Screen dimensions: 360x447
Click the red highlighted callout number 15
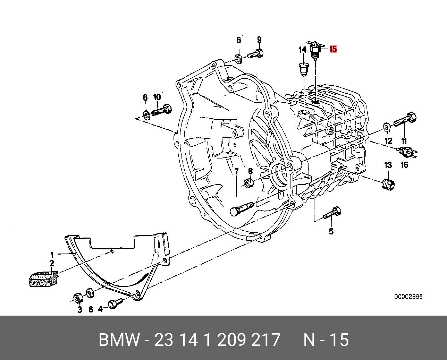click(333, 49)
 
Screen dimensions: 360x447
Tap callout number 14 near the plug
click(303, 50)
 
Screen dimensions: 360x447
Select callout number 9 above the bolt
click(259, 40)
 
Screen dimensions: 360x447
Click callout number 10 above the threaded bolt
click(157, 97)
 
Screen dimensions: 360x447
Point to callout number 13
click(388, 165)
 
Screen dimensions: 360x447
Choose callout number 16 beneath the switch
click(405, 165)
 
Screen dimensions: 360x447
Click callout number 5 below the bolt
click(331, 231)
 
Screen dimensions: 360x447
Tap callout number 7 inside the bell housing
click(236, 171)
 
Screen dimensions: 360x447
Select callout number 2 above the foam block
click(51, 263)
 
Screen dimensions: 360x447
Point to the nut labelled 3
click(77, 298)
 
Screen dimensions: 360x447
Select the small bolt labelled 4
click(114, 304)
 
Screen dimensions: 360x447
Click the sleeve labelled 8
click(248, 182)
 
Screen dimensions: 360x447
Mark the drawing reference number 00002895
click(408, 297)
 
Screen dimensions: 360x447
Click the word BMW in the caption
click(119, 340)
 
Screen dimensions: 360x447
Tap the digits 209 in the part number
click(231, 340)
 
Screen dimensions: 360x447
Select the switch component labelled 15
click(315, 50)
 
